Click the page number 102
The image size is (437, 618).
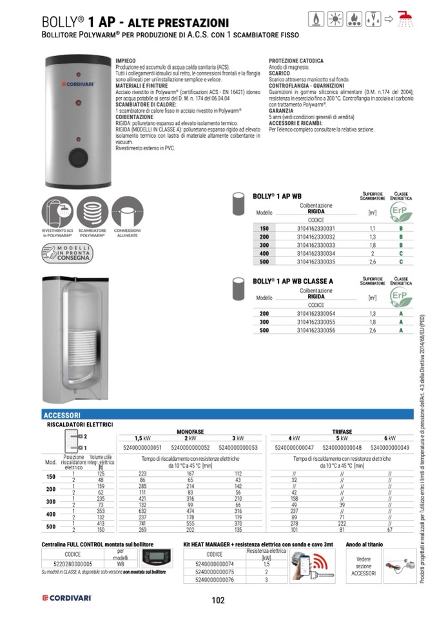[x=218, y=601]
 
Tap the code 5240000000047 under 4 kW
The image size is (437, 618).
[x=294, y=447]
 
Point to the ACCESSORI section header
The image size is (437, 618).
[x=62, y=416]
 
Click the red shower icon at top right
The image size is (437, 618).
[x=405, y=19]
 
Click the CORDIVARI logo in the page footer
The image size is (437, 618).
[x=67, y=599]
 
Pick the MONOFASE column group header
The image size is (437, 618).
[x=190, y=431]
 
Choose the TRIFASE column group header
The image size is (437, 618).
[x=342, y=431]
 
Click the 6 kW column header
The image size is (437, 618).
[x=389, y=438]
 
